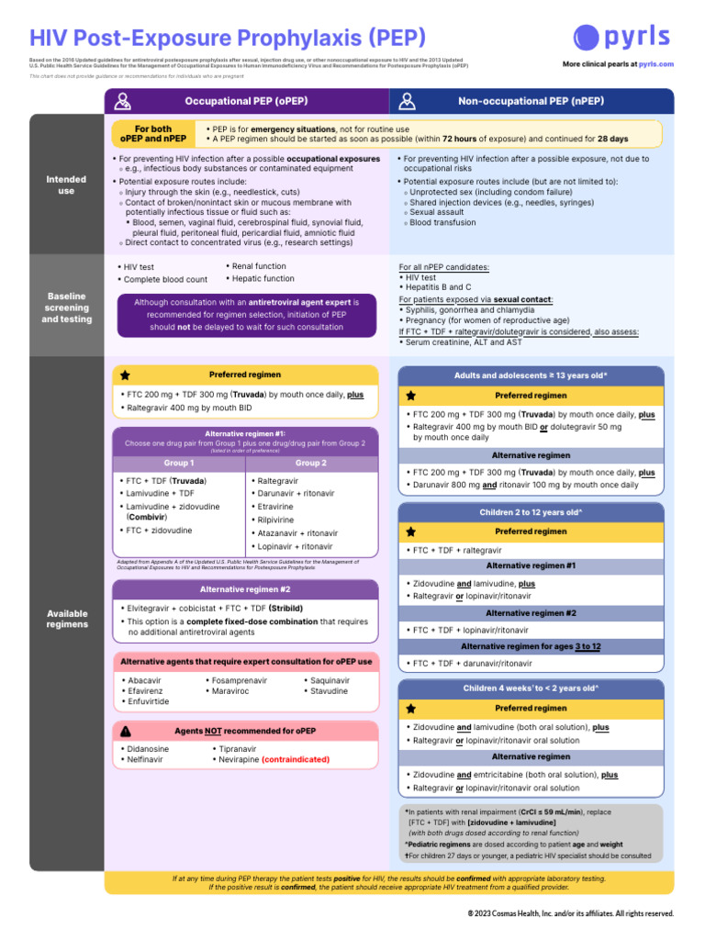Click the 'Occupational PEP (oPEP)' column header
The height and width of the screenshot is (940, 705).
coord(246,101)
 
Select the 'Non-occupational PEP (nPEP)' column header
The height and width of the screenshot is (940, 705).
coord(530,101)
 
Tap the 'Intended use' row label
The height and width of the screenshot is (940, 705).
coord(66,185)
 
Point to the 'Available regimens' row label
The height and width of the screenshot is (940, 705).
coord(66,618)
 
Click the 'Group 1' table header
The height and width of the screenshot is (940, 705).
coord(178,464)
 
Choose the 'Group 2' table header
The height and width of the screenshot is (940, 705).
coord(311,464)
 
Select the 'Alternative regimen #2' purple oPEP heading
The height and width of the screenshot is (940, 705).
coord(245,589)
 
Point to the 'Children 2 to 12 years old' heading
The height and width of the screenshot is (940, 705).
coord(531,512)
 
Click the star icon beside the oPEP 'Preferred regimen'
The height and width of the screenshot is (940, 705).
coord(126,375)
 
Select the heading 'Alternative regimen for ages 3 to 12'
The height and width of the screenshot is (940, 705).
coord(531,646)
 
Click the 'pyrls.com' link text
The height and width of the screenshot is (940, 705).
coord(655,64)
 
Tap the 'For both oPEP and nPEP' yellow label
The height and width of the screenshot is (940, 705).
coord(153,134)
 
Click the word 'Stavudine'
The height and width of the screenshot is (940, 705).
coord(330,690)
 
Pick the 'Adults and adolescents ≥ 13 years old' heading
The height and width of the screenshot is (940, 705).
coord(531,375)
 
